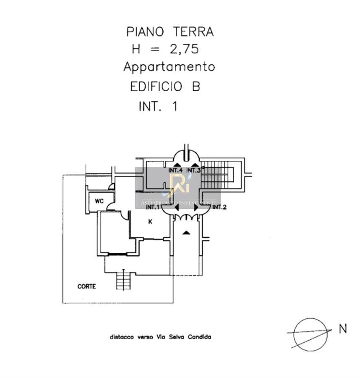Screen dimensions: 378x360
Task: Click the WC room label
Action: [99, 201]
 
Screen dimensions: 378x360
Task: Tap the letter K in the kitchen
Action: [150, 222]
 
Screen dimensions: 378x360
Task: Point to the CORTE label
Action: [87, 286]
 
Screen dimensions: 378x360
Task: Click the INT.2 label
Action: [220, 207]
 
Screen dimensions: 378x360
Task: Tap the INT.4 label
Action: [175, 171]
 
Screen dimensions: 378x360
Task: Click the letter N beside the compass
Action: [343, 329]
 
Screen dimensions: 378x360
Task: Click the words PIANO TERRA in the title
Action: [170, 32]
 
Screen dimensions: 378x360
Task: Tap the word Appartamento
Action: [169, 67]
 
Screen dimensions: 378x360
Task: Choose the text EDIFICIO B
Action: [165, 87]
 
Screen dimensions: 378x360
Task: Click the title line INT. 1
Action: [158, 106]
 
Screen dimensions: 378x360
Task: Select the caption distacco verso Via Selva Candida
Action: [161, 337]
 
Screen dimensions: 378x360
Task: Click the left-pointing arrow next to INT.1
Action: [176, 207]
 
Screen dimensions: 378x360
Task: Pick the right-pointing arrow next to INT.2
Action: [196, 207]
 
